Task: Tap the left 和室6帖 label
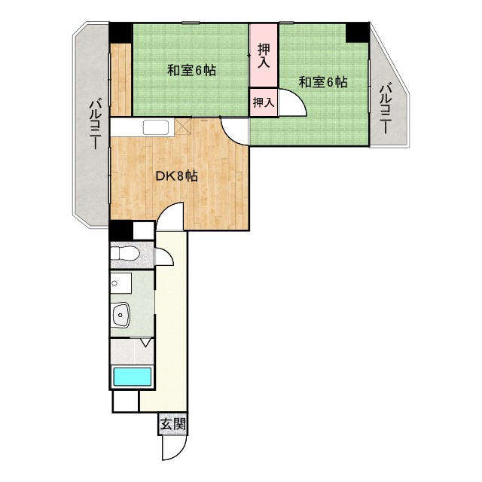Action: click(x=191, y=71)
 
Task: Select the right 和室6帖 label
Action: click(x=322, y=82)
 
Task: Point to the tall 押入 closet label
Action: click(x=264, y=56)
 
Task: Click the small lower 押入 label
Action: click(x=263, y=102)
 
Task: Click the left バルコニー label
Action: click(x=96, y=125)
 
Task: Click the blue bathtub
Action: click(x=132, y=377)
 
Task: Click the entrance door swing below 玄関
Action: click(x=172, y=448)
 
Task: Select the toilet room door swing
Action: click(x=163, y=255)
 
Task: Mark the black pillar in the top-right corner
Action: click(x=357, y=32)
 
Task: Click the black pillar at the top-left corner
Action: click(x=120, y=33)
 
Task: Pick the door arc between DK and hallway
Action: click(x=173, y=217)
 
